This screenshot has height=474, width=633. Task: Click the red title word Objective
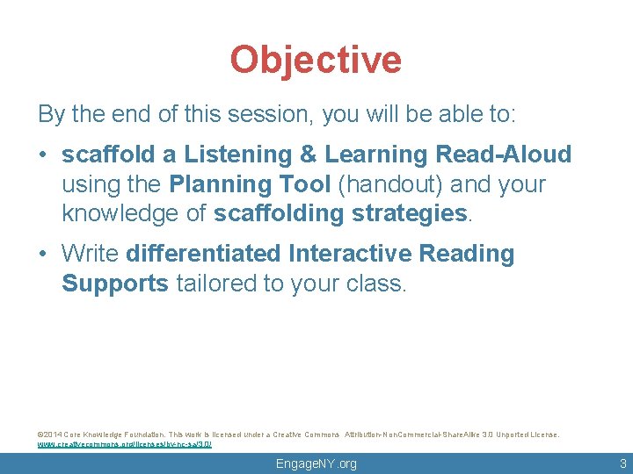pos(316,61)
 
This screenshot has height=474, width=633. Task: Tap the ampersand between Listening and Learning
pos(308,155)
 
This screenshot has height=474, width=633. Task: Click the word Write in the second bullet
pos(91,255)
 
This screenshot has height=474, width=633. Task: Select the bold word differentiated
pos(204,255)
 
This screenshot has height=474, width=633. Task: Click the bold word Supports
pos(115,284)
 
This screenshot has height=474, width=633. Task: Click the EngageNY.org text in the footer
pos(316,463)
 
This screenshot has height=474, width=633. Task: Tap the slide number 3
pos(622,463)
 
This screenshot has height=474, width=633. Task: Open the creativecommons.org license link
pos(124,444)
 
